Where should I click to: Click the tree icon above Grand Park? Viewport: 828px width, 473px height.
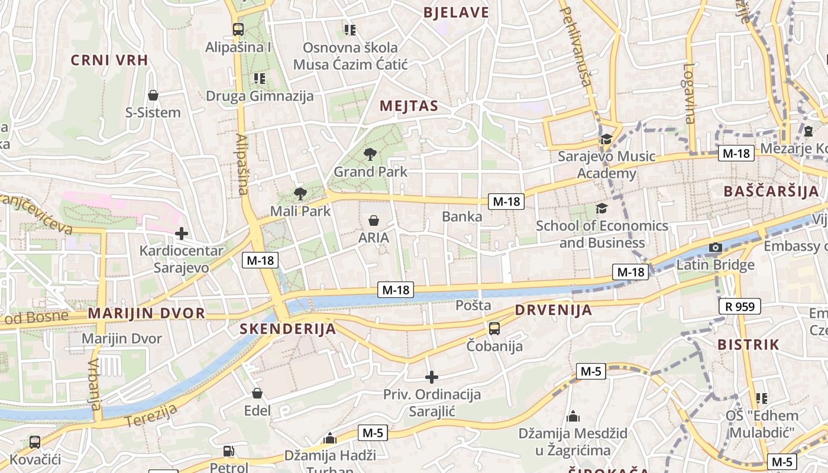370,155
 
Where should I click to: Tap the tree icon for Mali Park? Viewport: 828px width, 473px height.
300,193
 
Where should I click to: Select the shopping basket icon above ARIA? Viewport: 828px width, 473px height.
374,221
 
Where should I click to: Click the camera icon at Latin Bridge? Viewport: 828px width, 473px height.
716,248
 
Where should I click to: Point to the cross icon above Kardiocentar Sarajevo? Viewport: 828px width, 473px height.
182,234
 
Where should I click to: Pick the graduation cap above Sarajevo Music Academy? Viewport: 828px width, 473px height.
606,140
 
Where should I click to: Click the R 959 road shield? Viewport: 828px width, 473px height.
740,306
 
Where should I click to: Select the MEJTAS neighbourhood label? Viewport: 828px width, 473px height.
409,106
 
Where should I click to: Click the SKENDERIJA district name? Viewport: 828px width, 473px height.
288,329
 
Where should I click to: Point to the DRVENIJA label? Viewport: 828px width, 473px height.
554,310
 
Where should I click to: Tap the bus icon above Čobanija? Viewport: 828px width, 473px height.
494,328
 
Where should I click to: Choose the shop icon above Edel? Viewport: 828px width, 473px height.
257,393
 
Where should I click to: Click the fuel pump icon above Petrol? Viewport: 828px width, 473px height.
229,452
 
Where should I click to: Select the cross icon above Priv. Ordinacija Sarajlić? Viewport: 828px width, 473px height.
432,377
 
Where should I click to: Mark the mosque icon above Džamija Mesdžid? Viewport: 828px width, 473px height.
573,417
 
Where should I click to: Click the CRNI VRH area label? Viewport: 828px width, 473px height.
109,60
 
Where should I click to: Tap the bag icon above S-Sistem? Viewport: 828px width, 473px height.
153,95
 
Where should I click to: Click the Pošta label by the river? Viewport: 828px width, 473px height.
473,305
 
